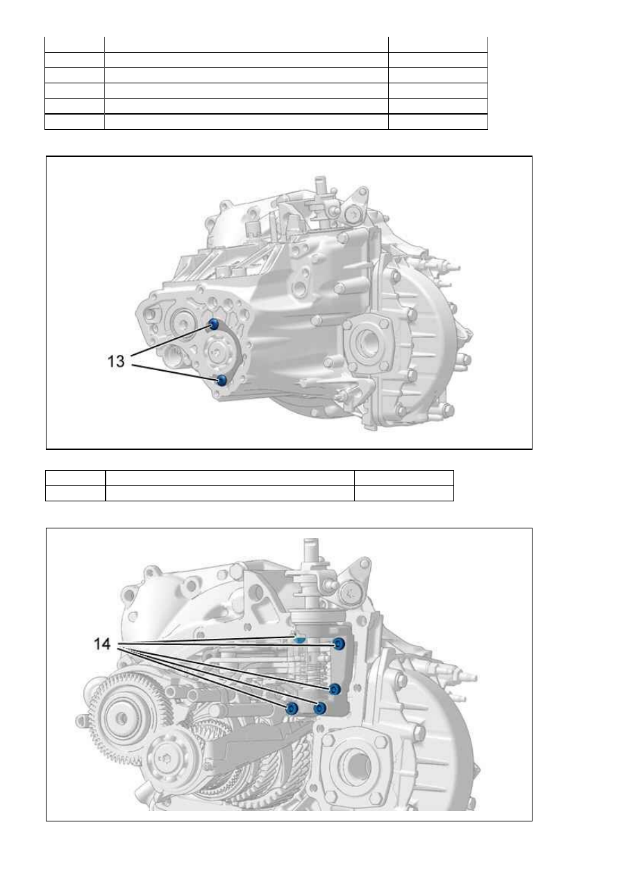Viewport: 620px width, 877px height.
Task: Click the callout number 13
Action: click(x=116, y=361)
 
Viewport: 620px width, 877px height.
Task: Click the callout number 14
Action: click(x=102, y=644)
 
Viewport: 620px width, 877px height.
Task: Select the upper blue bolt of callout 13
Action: click(x=214, y=324)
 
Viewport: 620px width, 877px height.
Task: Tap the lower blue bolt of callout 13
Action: click(x=222, y=380)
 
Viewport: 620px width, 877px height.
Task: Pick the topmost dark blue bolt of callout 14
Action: click(x=339, y=643)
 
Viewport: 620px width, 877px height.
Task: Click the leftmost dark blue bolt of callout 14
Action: click(x=292, y=708)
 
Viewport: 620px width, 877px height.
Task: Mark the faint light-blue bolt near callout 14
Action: click(x=299, y=640)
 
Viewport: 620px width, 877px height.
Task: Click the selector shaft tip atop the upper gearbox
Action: click(x=321, y=181)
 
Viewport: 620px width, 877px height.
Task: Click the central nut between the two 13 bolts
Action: click(x=217, y=353)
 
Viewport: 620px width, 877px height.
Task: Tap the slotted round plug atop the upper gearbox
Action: click(x=354, y=215)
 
